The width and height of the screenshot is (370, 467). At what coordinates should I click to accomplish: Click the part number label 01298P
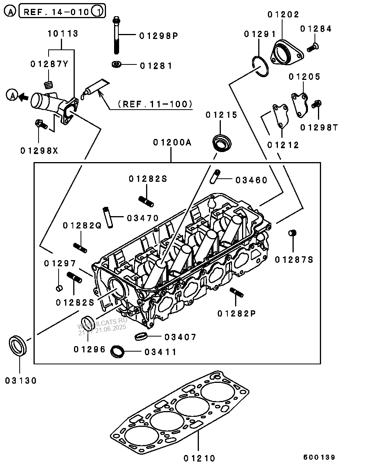pos(158,36)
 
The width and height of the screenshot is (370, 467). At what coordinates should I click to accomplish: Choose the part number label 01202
pos(284,15)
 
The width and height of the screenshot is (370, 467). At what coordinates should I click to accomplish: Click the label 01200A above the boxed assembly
pos(172,142)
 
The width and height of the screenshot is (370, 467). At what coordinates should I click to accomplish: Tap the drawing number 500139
pos(319,457)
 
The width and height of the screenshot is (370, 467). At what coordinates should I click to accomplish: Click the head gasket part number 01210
pos(199,458)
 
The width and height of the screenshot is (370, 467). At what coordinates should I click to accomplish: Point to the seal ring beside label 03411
pos(118,352)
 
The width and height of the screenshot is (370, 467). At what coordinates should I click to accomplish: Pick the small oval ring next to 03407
pos(141,337)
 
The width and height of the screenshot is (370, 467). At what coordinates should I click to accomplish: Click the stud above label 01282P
pos(236,293)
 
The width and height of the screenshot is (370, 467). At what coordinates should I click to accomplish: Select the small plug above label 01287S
pos(293,233)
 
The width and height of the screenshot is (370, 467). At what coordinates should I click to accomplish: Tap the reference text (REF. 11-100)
pos(155,104)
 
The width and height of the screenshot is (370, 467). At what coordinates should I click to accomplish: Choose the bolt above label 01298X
pos(40,124)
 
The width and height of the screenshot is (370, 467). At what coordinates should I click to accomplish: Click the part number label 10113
pos(62,34)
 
